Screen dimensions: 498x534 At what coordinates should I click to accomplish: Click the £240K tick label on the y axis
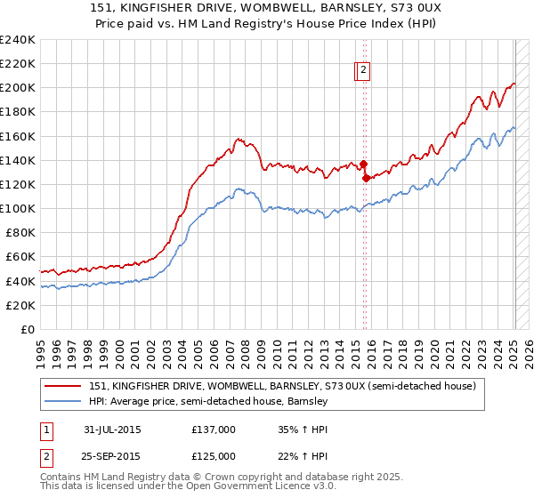(18, 40)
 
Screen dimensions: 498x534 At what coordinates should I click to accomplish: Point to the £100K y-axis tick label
(18, 208)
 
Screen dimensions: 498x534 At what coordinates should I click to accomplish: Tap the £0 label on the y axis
(27, 329)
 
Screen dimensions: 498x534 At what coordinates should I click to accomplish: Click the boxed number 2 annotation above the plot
(365, 72)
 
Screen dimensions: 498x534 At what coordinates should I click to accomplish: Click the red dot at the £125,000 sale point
(366, 178)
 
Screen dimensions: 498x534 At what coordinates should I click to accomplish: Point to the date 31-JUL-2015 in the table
(113, 430)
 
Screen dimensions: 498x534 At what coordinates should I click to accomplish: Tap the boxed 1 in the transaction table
(45, 430)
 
